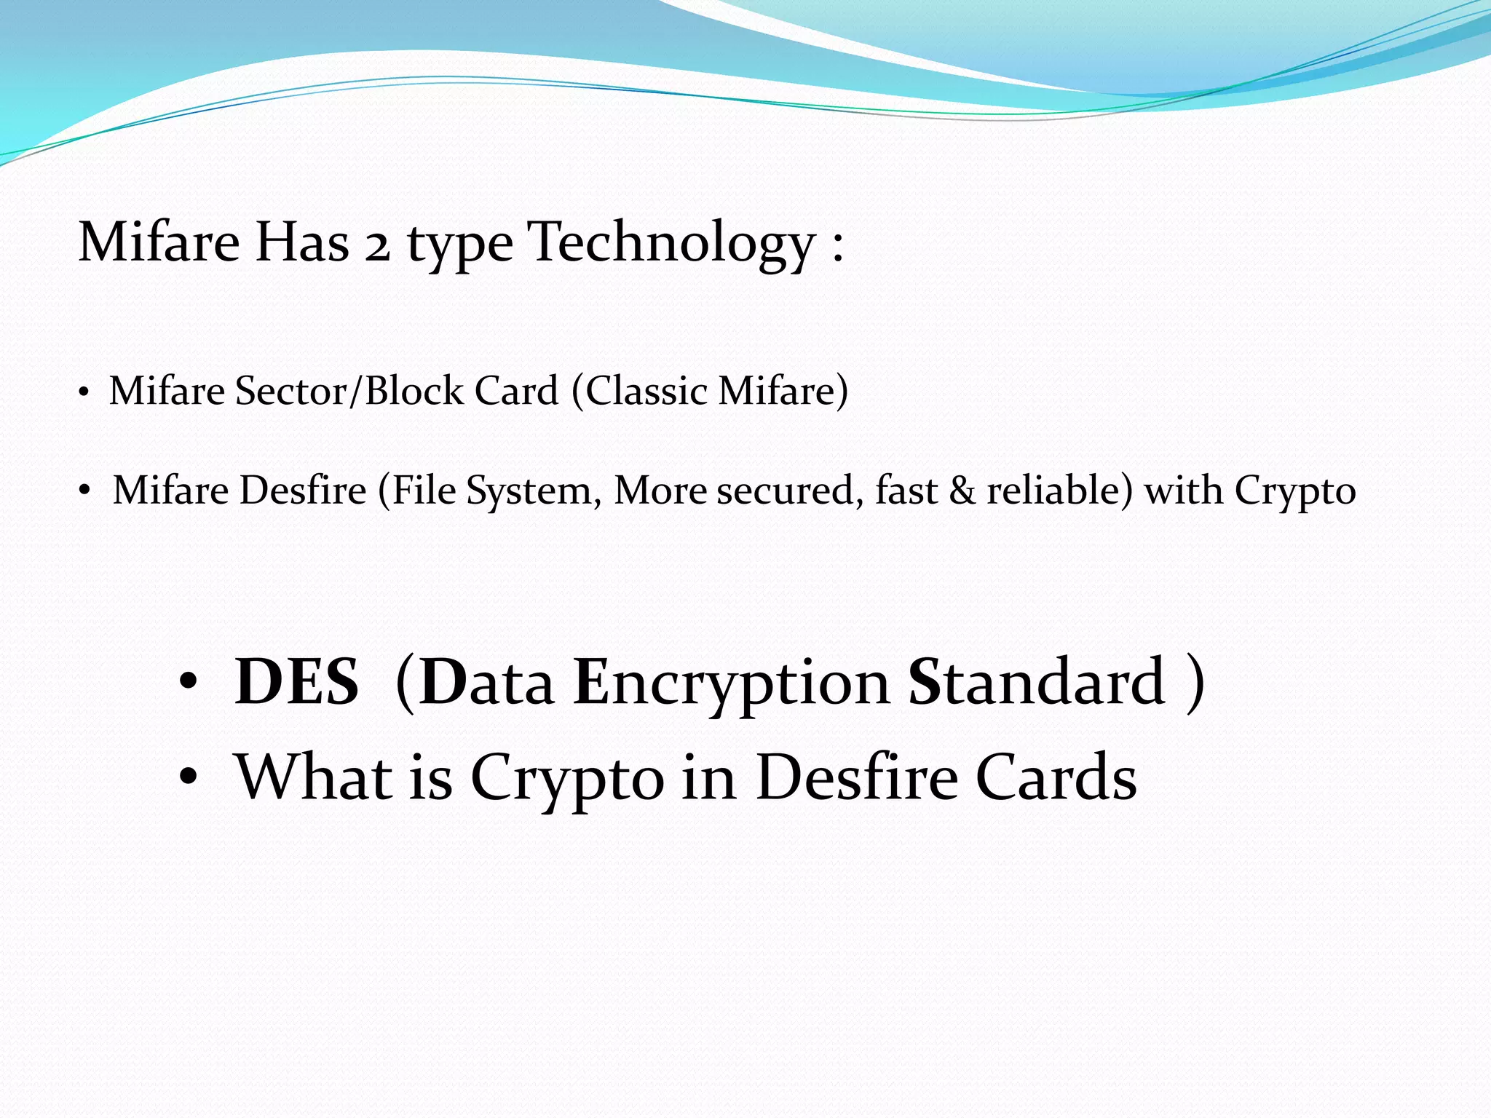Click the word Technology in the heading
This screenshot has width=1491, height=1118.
click(x=671, y=242)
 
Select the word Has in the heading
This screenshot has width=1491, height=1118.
click(x=301, y=242)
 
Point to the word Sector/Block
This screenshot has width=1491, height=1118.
click(x=349, y=391)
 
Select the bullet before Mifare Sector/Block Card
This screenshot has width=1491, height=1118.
click(x=84, y=394)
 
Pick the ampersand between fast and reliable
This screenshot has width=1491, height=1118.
click(x=962, y=491)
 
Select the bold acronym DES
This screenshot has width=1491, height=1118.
click(x=296, y=682)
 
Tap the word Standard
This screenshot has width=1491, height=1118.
click(x=1036, y=682)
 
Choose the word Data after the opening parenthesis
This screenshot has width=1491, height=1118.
click(x=486, y=682)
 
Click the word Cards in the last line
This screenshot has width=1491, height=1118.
click(x=1056, y=777)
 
